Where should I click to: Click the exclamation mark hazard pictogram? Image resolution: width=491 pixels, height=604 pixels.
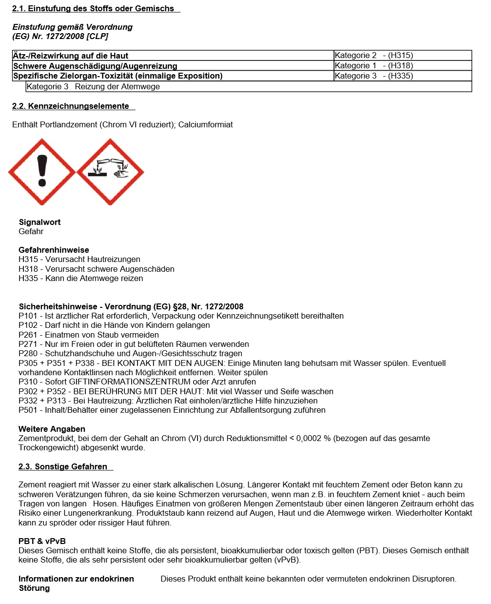[42, 172]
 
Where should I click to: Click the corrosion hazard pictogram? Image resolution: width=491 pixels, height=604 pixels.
[110, 172]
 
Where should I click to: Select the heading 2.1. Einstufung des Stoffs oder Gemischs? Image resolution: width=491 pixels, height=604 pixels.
[93, 8]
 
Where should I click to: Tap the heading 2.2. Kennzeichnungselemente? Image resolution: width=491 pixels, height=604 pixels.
[71, 106]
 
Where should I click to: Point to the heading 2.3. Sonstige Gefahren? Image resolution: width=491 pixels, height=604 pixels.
[63, 466]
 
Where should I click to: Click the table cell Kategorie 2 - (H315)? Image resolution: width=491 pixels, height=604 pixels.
[373, 56]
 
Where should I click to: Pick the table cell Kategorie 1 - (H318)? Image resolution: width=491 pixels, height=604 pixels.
[373, 65]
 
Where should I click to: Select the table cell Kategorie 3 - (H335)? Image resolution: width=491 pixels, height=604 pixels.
[373, 76]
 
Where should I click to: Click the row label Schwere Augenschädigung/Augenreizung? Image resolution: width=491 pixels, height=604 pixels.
[95, 66]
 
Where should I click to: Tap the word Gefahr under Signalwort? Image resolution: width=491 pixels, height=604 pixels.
[31, 231]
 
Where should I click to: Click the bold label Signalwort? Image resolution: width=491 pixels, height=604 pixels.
[39, 222]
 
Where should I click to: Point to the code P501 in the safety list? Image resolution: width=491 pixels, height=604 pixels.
[28, 410]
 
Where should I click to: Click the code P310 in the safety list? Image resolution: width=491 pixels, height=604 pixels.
[28, 382]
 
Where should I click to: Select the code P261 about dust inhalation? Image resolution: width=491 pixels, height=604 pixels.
[28, 335]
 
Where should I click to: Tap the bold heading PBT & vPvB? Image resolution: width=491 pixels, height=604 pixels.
[42, 541]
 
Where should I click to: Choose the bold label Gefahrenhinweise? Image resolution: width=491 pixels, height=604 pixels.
[54, 250]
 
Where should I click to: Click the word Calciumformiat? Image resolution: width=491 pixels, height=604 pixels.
[205, 124]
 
